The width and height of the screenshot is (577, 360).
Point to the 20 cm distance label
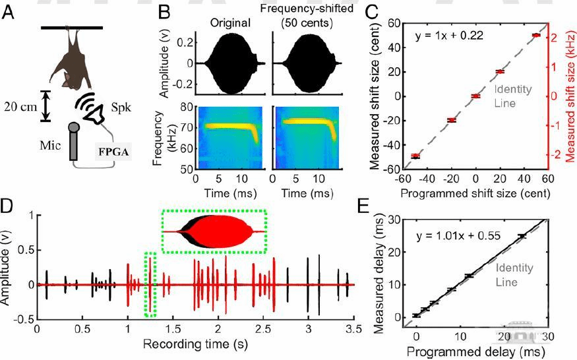point(20,105)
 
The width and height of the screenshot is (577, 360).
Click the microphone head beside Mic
point(74,127)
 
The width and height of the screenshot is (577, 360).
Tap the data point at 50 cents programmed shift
point(535,35)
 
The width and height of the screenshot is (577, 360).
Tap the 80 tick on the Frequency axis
point(185,107)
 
